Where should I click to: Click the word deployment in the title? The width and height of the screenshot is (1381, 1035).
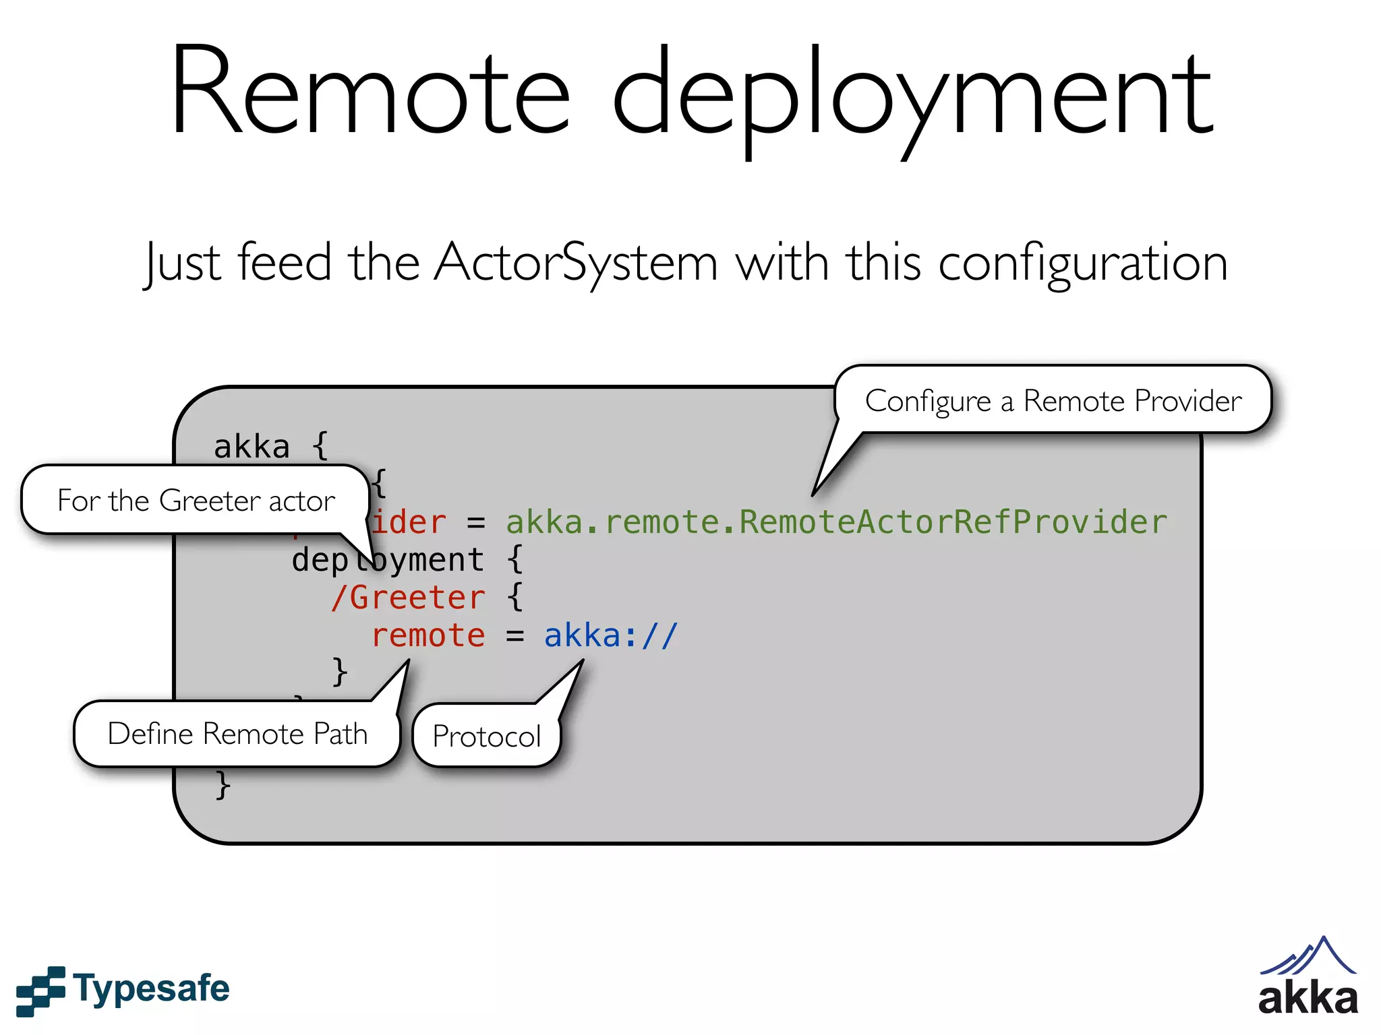coord(914,98)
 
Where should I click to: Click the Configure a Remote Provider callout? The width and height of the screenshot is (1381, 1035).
coord(1053,401)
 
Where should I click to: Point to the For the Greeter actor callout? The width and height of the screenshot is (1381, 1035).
coord(196,501)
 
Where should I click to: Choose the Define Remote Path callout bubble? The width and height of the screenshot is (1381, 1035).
coord(237,734)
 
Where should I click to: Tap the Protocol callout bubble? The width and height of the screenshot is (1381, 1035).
coord(486,736)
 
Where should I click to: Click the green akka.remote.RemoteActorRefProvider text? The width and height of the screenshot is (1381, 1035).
coord(836,522)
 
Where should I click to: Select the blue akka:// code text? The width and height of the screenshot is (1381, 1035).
coord(610,635)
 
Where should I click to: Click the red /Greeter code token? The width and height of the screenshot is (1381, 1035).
coord(408,598)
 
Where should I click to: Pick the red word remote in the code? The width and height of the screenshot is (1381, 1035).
coord(428,635)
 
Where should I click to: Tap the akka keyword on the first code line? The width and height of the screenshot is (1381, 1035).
coord(252,447)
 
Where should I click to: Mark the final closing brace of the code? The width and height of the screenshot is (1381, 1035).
coord(223,785)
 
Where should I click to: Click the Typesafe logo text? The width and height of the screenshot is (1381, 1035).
coord(152,989)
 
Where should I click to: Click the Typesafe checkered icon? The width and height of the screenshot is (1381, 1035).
coord(40,991)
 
